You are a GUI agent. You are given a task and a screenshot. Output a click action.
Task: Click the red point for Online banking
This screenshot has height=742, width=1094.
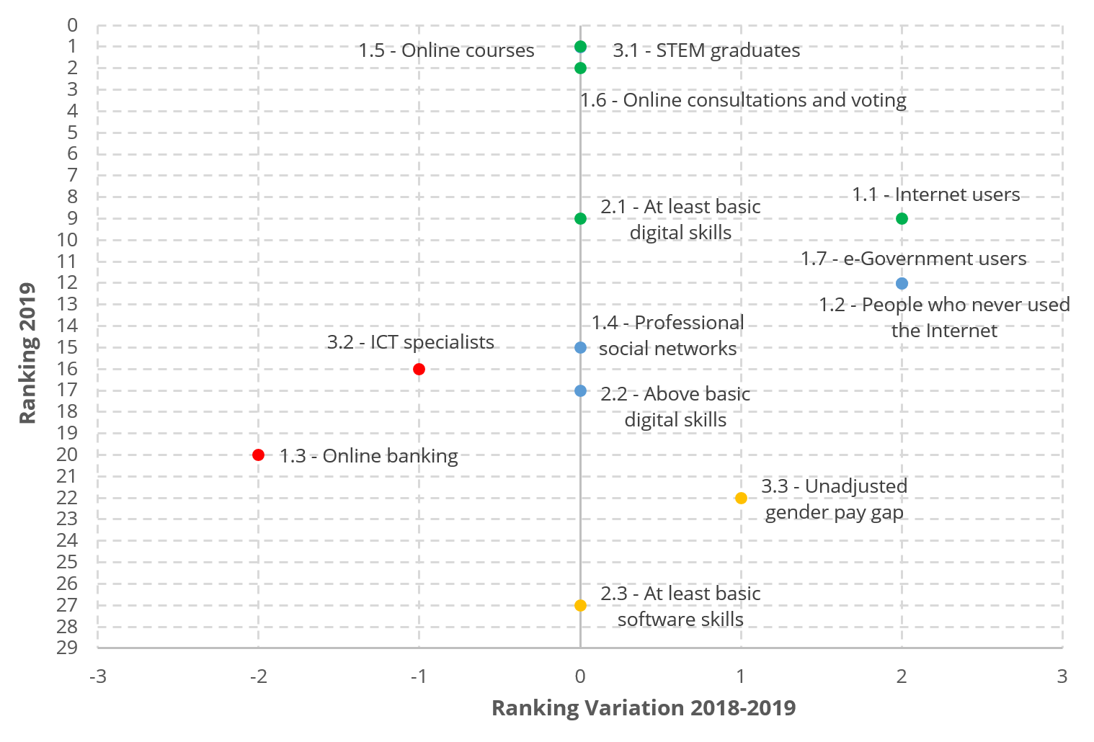pos(259,455)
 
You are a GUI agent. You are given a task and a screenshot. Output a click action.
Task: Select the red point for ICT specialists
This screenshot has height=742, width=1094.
pos(419,370)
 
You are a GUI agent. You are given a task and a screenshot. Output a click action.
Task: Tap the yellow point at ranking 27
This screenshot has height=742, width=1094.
pos(580,606)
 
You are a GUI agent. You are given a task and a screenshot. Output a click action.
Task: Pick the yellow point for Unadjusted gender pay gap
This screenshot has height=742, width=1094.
pos(741,499)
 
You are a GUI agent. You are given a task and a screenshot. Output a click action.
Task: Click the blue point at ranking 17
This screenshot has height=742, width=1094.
pos(580,391)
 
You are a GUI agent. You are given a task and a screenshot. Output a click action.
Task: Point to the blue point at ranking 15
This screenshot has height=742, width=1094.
pos(580,348)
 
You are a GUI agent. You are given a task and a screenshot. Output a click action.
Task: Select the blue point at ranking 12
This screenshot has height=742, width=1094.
pos(902,284)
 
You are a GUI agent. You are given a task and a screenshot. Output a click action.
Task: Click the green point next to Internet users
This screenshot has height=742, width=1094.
pos(902,219)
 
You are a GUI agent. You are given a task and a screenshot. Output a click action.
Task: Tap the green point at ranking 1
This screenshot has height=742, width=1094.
pos(580,48)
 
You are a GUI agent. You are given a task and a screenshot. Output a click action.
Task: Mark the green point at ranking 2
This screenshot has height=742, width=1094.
pos(580,68)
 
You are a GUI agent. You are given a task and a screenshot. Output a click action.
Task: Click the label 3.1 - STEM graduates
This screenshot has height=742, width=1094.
pos(706,50)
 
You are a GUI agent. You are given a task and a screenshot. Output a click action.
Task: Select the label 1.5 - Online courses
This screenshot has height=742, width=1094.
pos(446,50)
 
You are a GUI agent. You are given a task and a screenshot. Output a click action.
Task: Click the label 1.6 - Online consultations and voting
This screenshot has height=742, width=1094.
pos(743,100)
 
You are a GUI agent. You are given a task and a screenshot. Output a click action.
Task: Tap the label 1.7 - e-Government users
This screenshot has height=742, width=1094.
pos(913,259)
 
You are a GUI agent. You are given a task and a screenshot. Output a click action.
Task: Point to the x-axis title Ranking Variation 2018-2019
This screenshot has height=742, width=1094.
pos(644,708)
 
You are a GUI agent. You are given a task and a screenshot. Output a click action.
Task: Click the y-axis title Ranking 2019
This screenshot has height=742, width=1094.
pos(27,353)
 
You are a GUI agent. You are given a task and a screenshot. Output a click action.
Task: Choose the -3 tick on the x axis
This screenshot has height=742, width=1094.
pos(97,676)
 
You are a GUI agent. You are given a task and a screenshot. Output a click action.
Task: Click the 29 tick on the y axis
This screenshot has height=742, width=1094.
pos(67,648)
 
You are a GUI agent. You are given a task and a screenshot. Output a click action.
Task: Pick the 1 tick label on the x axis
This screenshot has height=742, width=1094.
pos(740,676)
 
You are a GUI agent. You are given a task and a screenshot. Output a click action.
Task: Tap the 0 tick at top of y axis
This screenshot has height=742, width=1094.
pos(72,26)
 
